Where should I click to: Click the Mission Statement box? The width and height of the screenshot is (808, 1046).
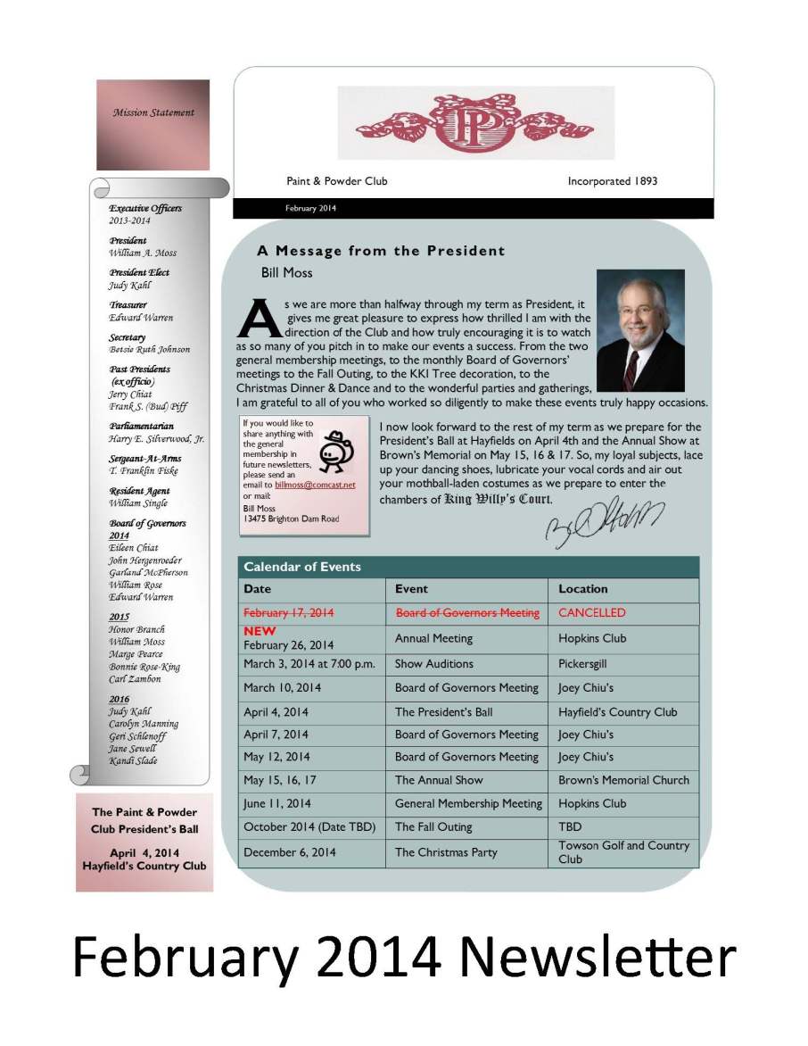[153, 124]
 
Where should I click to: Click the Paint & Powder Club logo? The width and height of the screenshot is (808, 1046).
[476, 122]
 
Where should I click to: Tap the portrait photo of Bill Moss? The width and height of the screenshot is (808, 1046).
[639, 330]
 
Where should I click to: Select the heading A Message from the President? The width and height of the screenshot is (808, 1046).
[381, 252]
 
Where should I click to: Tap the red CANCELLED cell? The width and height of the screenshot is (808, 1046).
[592, 613]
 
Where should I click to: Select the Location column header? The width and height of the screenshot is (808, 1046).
[583, 589]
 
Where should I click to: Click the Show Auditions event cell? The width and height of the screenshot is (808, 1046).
[434, 664]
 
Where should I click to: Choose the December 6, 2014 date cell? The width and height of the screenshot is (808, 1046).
[290, 852]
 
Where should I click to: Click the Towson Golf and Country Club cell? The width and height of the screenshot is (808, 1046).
[623, 852]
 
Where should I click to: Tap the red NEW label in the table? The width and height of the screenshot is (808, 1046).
[260, 631]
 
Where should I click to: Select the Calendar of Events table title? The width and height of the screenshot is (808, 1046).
[302, 567]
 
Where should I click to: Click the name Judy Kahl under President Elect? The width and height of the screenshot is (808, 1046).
[130, 286]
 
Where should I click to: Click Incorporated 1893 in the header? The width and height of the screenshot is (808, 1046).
[613, 181]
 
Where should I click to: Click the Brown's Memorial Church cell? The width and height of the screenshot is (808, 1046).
[623, 780]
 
